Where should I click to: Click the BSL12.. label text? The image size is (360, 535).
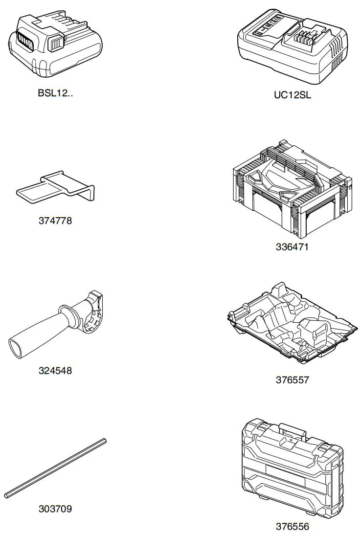(55, 93)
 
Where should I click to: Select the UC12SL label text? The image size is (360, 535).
(292, 95)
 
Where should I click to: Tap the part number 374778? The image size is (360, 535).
(55, 221)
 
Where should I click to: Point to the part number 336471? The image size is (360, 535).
(292, 247)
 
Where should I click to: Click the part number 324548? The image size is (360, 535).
(55, 371)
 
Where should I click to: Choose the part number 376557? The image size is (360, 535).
(292, 380)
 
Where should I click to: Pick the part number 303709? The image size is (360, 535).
(55, 509)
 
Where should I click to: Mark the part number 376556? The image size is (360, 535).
(292, 527)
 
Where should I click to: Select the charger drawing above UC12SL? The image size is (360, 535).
(292, 49)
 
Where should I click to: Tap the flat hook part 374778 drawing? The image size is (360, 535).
(56, 188)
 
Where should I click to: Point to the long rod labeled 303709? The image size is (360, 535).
(55, 468)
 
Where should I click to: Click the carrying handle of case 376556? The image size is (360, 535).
(292, 428)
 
